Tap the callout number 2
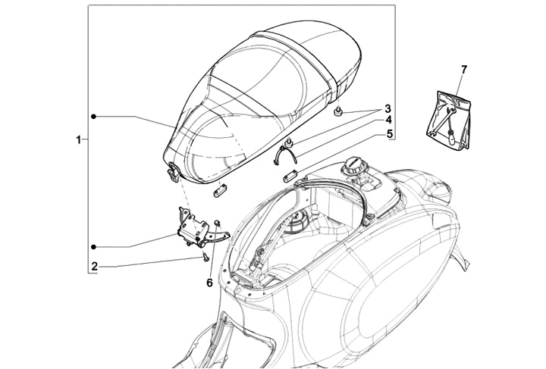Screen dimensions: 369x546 pyautogui.click(x=94, y=266)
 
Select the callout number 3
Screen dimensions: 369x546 pyautogui.click(x=388, y=108)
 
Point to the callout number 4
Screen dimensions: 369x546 pyautogui.click(x=388, y=120)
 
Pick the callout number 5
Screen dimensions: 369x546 pyautogui.click(x=388, y=134)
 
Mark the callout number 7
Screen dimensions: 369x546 pyautogui.click(x=463, y=70)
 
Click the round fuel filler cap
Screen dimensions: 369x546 pyautogui.click(x=354, y=164)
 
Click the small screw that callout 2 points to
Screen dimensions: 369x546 pyautogui.click(x=205, y=258)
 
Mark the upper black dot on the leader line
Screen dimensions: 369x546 pyautogui.click(x=94, y=116)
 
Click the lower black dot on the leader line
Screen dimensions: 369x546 pyautogui.click(x=94, y=247)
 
